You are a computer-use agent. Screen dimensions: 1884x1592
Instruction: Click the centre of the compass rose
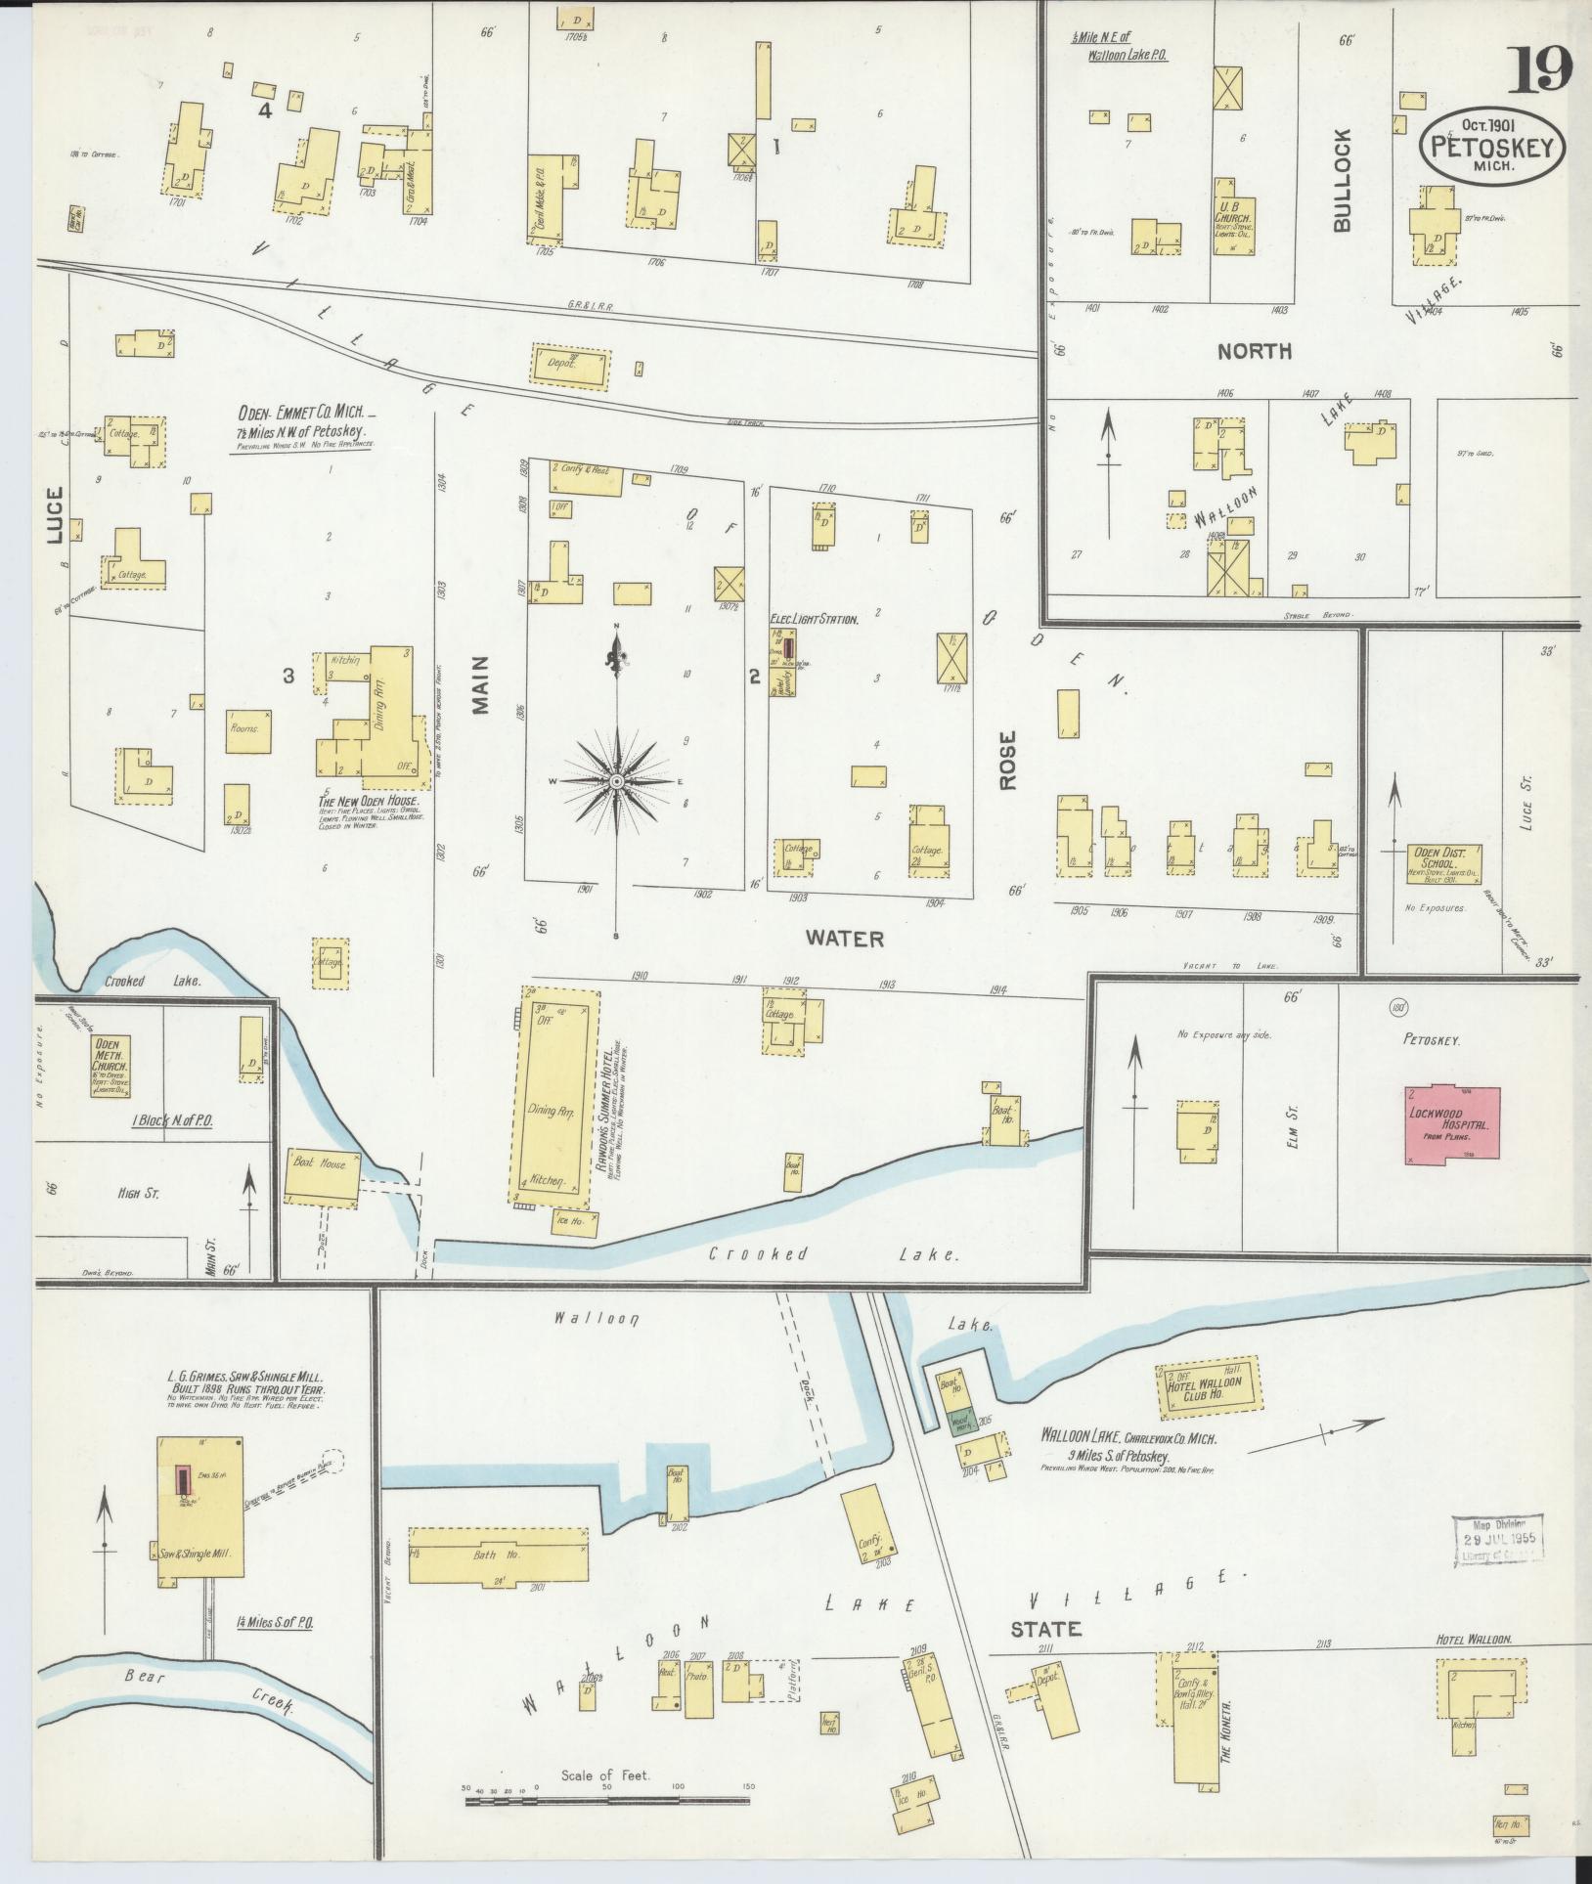pos(617,781)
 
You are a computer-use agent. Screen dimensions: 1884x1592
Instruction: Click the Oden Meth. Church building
pos(111,1066)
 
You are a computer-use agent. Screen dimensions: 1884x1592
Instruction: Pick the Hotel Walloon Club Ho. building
pos(1207,1390)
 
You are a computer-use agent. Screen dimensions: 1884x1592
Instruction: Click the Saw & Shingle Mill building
pos(200,1533)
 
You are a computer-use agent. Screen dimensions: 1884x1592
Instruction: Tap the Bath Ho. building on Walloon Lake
pos(501,1555)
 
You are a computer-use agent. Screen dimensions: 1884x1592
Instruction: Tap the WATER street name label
pos(844,939)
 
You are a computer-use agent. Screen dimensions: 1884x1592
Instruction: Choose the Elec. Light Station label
pos(814,619)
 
